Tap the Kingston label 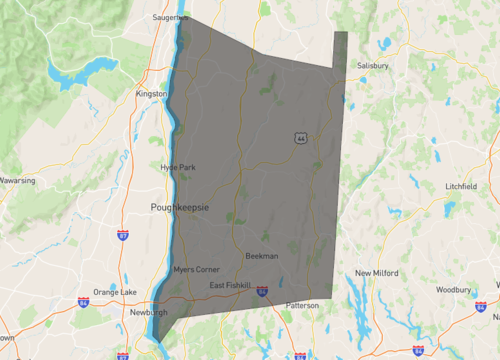[151, 94]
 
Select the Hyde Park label [177, 167]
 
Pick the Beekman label [261, 256]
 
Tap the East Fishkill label [230, 286]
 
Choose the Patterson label [301, 305]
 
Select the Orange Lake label [114, 291]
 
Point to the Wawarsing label [17, 181]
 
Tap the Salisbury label [373, 66]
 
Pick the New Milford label [377, 272]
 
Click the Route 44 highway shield [300, 138]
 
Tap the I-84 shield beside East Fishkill [262, 291]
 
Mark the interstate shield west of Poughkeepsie [122, 236]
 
